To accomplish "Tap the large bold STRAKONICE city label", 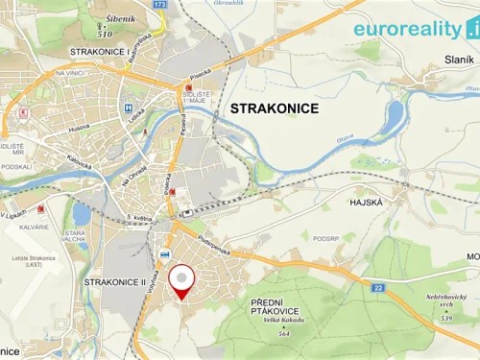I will click(x=275, y=109).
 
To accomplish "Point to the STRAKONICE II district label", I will click(x=114, y=282).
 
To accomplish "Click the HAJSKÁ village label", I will click(x=366, y=203).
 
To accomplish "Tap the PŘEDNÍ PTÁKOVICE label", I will click(x=255, y=309).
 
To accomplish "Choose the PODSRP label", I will click(x=327, y=237).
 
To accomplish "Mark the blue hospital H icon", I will click(x=127, y=108).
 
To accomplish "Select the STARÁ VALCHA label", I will click(x=74, y=236).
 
